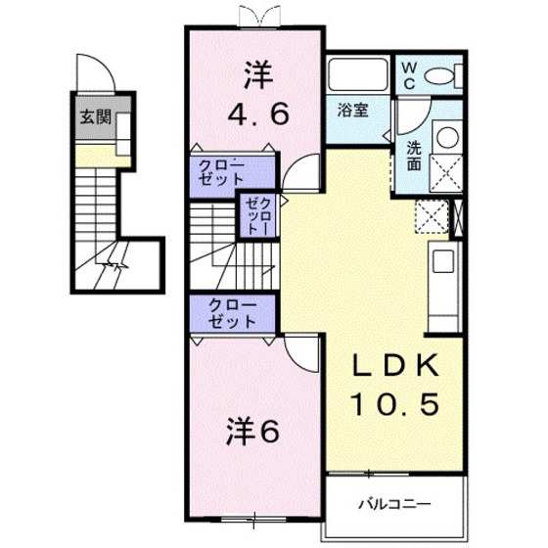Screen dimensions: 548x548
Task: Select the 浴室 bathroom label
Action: point(354,110)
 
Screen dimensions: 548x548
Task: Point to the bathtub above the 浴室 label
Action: point(357,76)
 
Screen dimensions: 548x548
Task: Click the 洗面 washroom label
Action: point(414,157)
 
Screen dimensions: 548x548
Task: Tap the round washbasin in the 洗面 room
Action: point(446,137)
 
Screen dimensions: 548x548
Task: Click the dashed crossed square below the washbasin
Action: point(446,178)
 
